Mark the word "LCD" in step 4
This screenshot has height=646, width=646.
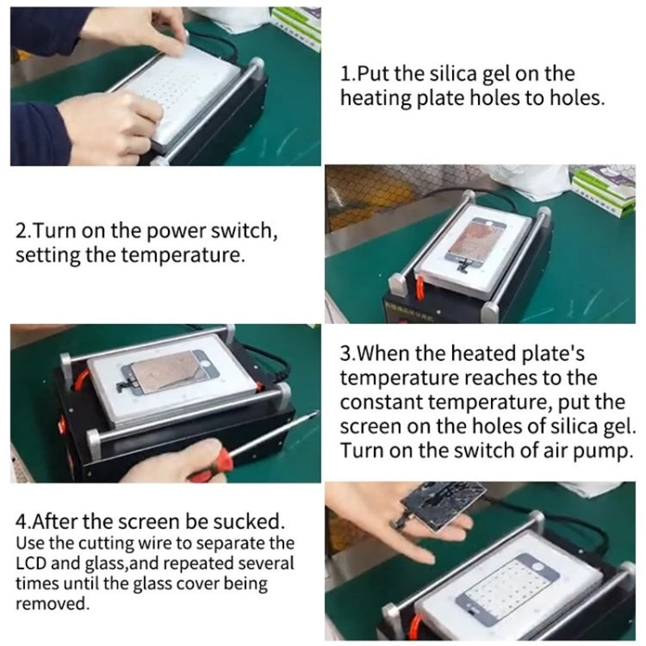pos(33,563)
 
